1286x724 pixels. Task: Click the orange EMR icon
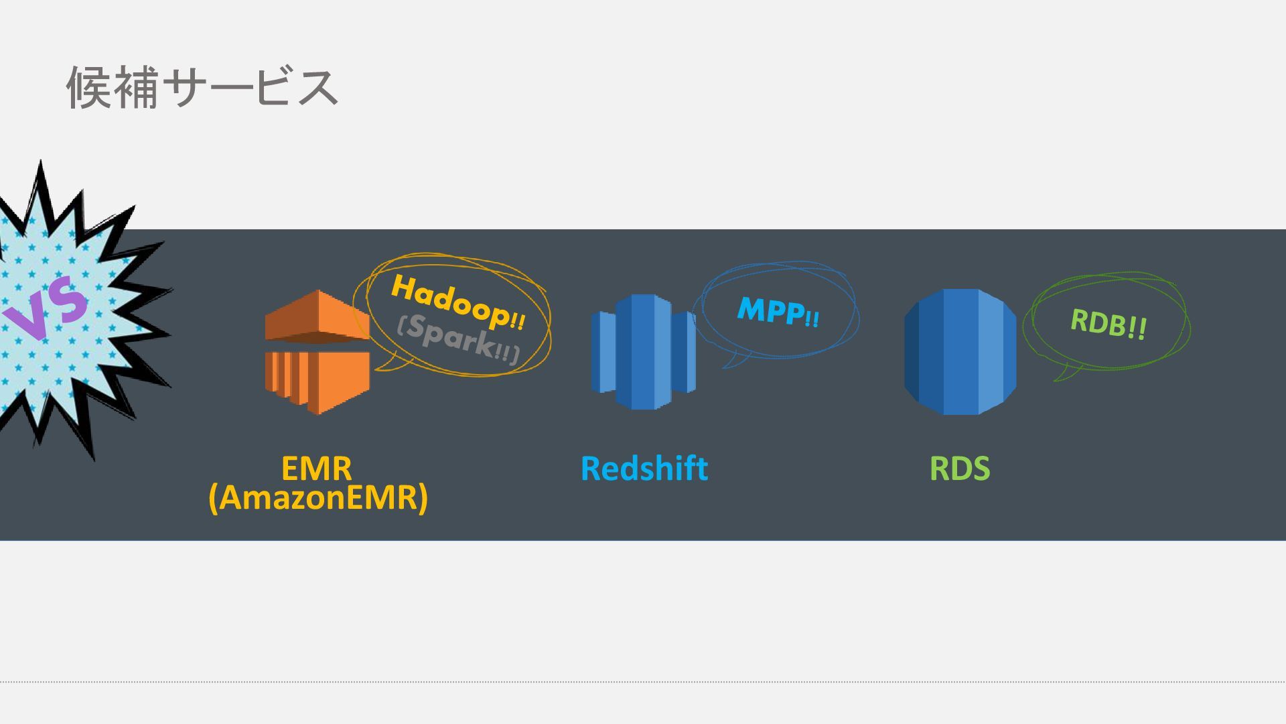[x=317, y=352]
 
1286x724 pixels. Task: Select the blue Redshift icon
[x=643, y=352]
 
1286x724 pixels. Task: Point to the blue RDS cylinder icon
[x=960, y=352]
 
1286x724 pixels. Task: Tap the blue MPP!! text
[x=778, y=311]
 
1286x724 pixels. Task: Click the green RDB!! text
[x=1108, y=323]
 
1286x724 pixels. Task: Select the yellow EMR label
[x=316, y=467]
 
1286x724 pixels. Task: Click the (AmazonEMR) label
[x=317, y=497]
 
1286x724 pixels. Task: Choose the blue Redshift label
[x=644, y=468]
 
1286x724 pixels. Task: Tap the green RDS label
[x=959, y=468]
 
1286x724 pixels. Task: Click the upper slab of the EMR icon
[x=317, y=315]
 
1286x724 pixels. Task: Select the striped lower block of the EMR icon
[x=317, y=379]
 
